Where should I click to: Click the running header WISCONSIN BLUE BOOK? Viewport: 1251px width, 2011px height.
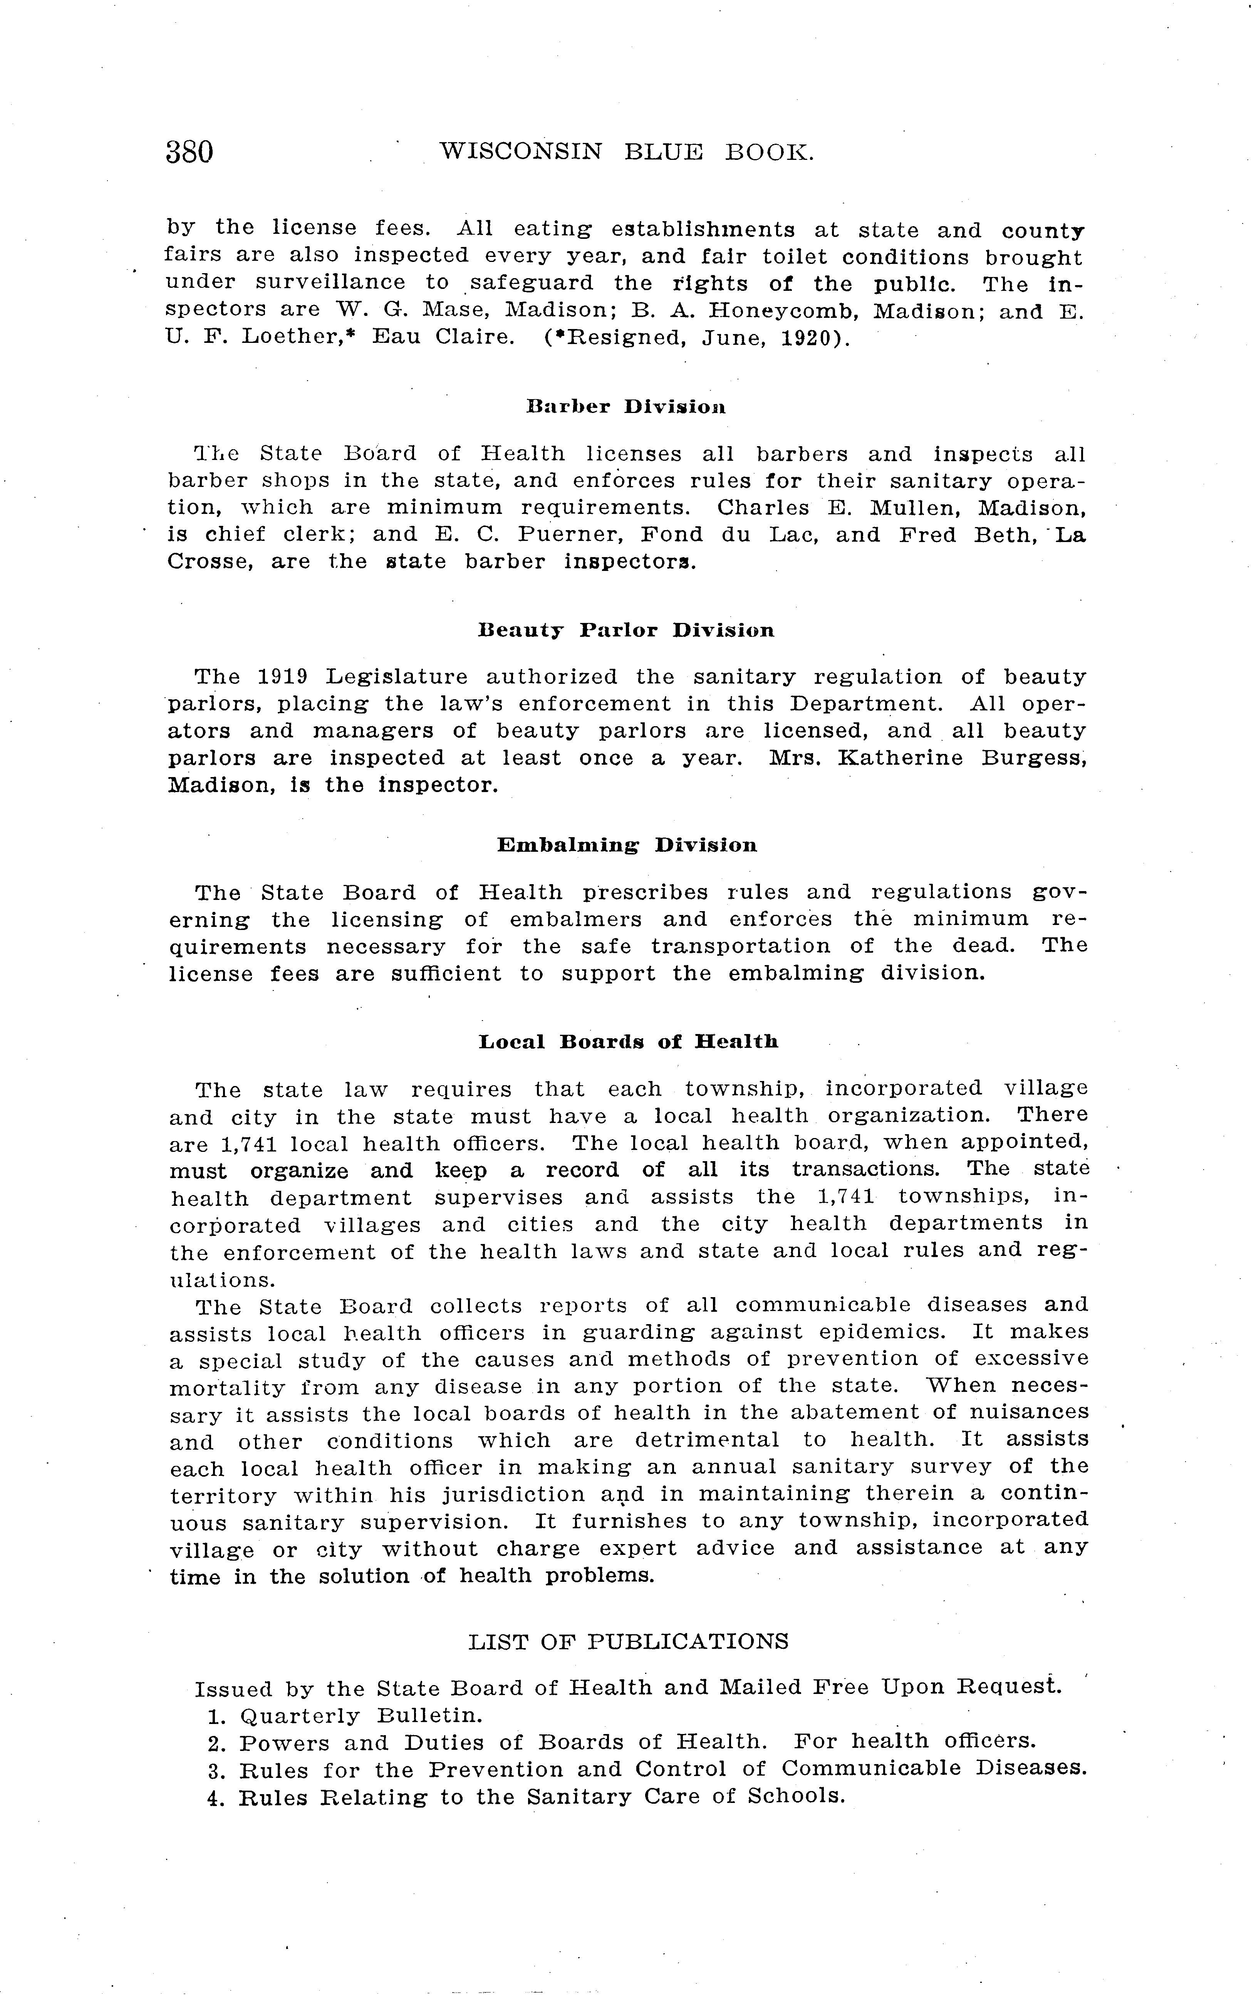click(626, 151)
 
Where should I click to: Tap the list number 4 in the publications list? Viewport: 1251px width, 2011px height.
click(215, 1798)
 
